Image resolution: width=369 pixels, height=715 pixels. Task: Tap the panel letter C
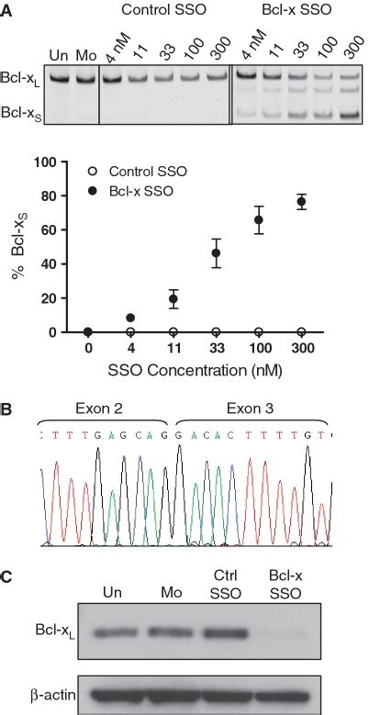6,578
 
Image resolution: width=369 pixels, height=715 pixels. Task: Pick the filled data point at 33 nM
217,252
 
